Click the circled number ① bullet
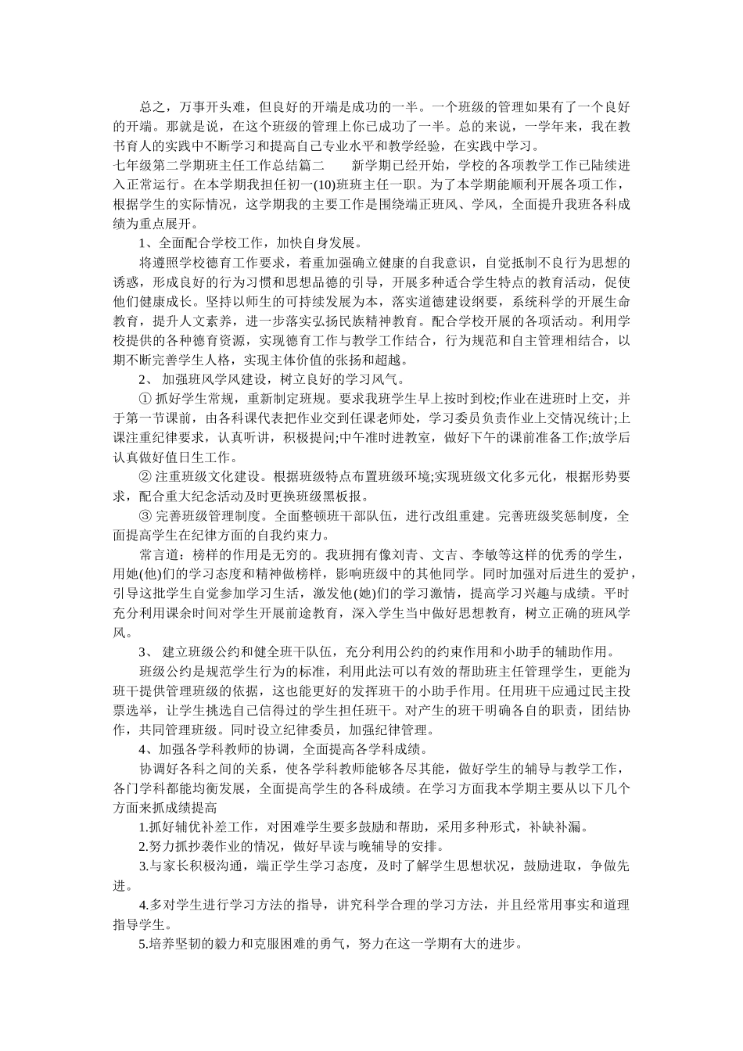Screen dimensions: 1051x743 [145, 397]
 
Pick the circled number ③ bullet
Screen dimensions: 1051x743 [145, 516]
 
